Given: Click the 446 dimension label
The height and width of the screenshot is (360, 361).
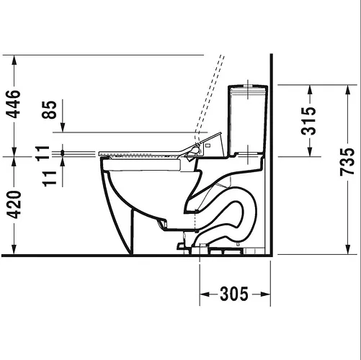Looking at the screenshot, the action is pyautogui.click(x=13, y=104).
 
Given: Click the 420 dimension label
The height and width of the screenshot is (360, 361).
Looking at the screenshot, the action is pyautogui.click(x=14, y=204).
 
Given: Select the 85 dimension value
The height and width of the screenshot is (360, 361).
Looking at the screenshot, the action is pyautogui.click(x=49, y=109).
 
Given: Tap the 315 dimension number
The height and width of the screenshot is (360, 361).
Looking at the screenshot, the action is pyautogui.click(x=308, y=121).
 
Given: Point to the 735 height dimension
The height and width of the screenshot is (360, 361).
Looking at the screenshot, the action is pyautogui.click(x=347, y=162).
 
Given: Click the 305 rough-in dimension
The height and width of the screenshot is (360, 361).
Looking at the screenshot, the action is pyautogui.click(x=234, y=294).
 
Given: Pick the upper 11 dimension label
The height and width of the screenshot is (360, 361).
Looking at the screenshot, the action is pyautogui.click(x=43, y=153).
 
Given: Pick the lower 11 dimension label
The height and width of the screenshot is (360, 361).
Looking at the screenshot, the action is pyautogui.click(x=49, y=179).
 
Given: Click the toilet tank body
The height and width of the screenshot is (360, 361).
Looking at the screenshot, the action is pyautogui.click(x=248, y=120).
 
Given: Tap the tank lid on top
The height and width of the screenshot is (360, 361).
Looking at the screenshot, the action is pyautogui.click(x=248, y=87).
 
